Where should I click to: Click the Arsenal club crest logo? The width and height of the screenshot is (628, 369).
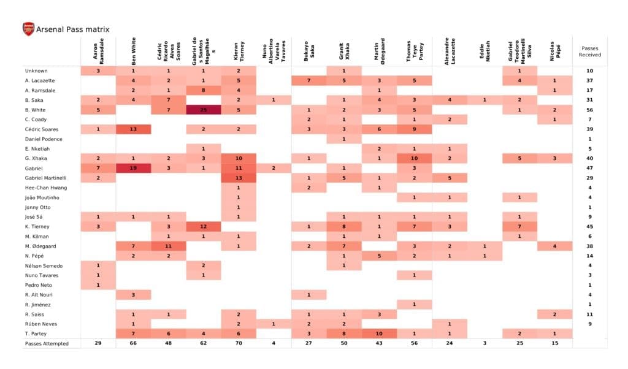pos(28,29)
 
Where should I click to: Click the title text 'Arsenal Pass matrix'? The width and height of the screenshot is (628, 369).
pos(73,29)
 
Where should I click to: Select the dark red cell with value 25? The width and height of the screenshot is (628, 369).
pos(204,110)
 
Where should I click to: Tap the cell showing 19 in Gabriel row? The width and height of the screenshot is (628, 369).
pos(133,168)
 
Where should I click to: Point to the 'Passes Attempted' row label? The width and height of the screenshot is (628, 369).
pos(47,343)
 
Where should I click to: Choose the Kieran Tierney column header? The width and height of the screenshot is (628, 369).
pos(239,52)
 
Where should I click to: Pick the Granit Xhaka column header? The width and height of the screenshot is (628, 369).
pos(345,52)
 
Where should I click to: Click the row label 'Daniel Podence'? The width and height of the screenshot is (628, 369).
pos(44,139)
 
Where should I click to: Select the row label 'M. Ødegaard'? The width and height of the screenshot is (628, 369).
pos(39,246)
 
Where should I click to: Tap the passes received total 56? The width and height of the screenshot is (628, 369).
pos(589,110)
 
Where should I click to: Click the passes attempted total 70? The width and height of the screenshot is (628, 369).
pos(239,343)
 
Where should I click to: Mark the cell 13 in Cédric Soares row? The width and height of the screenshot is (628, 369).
pos(133,129)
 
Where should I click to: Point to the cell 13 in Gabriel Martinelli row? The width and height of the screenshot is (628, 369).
pos(239,178)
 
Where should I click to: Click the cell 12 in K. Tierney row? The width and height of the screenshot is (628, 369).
pos(204,226)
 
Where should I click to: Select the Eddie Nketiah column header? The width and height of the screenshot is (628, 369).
pos(485,52)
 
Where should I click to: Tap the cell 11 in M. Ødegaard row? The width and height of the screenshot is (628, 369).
pos(169,246)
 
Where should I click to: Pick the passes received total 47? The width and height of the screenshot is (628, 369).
pos(589,168)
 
